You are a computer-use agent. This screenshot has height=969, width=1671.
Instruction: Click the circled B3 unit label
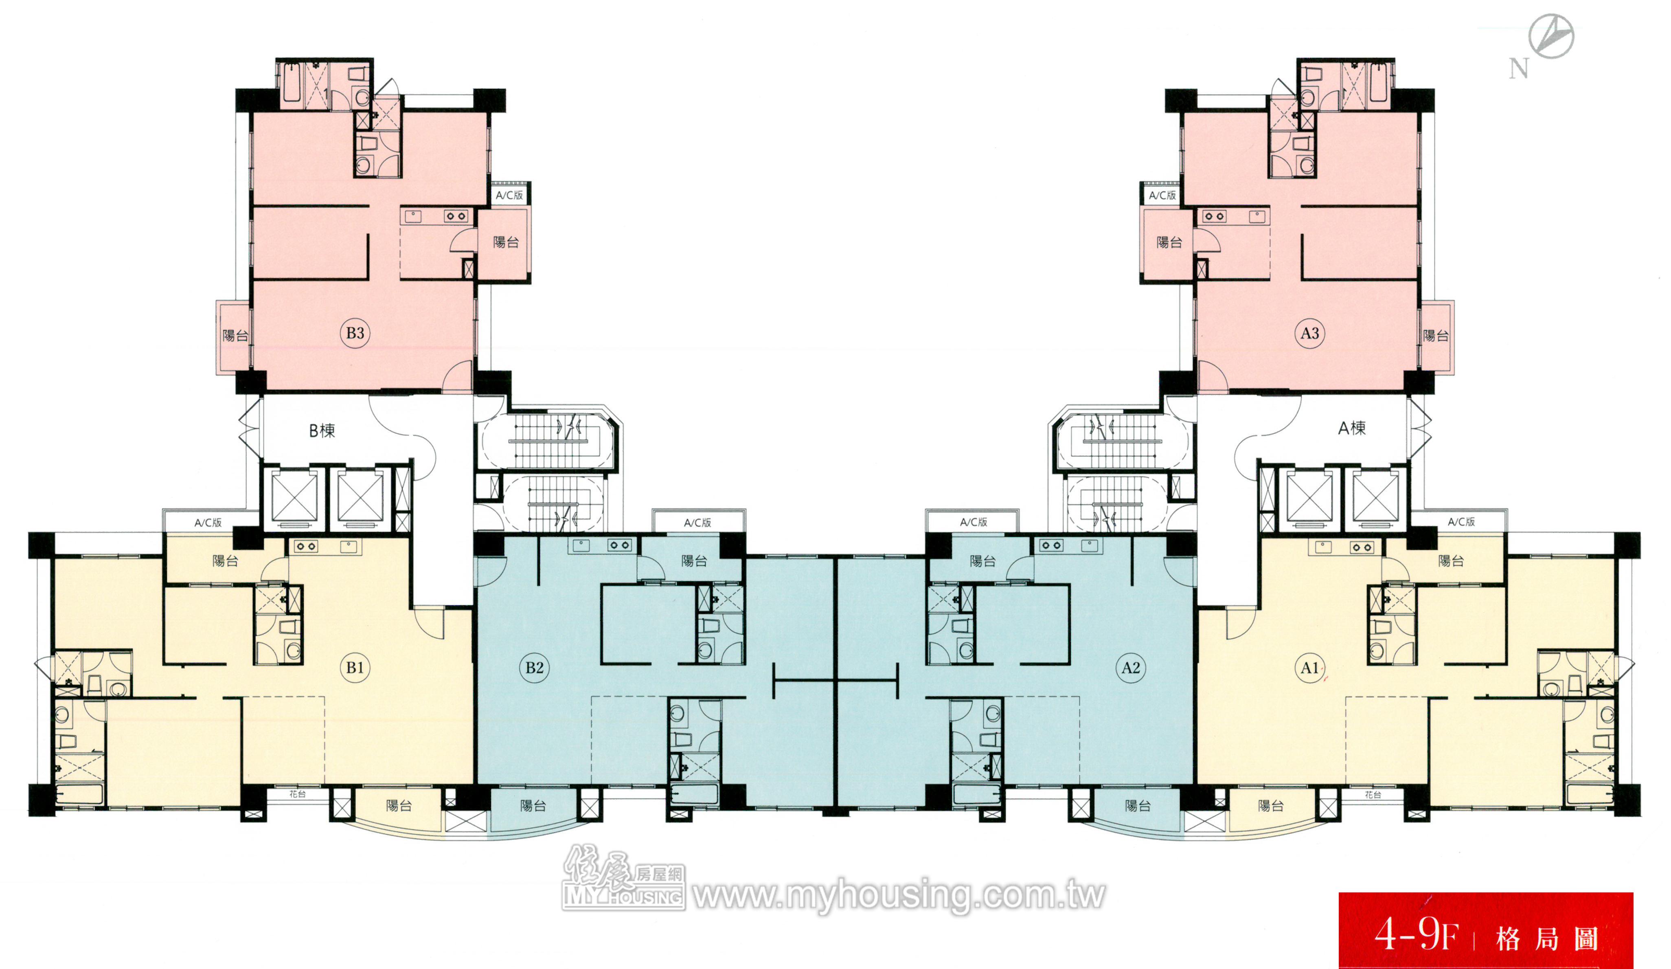pyautogui.click(x=355, y=333)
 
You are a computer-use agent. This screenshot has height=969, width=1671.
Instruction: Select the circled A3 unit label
pyautogui.click(x=1309, y=333)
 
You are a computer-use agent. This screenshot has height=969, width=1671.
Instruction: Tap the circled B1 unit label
pyautogui.click(x=355, y=667)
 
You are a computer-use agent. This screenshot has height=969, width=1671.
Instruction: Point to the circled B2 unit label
pyautogui.click(x=535, y=667)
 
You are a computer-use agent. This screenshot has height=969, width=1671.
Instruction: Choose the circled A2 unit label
pyautogui.click(x=1131, y=667)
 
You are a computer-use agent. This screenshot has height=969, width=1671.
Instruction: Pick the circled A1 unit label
pyautogui.click(x=1309, y=667)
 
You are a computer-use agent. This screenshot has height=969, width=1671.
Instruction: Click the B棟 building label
pyautogui.click(x=322, y=431)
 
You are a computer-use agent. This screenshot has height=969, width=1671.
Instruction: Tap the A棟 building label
pyautogui.click(x=1352, y=428)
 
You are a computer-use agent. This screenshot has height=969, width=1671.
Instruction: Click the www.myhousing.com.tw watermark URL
pyautogui.click(x=899, y=895)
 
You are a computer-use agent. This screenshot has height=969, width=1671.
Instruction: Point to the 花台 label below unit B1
pyautogui.click(x=297, y=794)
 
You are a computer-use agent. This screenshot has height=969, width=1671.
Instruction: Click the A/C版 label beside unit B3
pyautogui.click(x=509, y=195)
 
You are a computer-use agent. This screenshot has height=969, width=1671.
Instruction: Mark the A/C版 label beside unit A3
pyautogui.click(x=1162, y=195)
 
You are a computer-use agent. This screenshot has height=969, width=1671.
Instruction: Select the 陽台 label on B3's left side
pyautogui.click(x=235, y=336)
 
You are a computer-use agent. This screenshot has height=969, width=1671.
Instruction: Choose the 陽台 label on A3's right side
pyautogui.click(x=1436, y=336)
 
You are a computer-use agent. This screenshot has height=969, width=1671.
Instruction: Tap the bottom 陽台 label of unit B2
pyautogui.click(x=533, y=806)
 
